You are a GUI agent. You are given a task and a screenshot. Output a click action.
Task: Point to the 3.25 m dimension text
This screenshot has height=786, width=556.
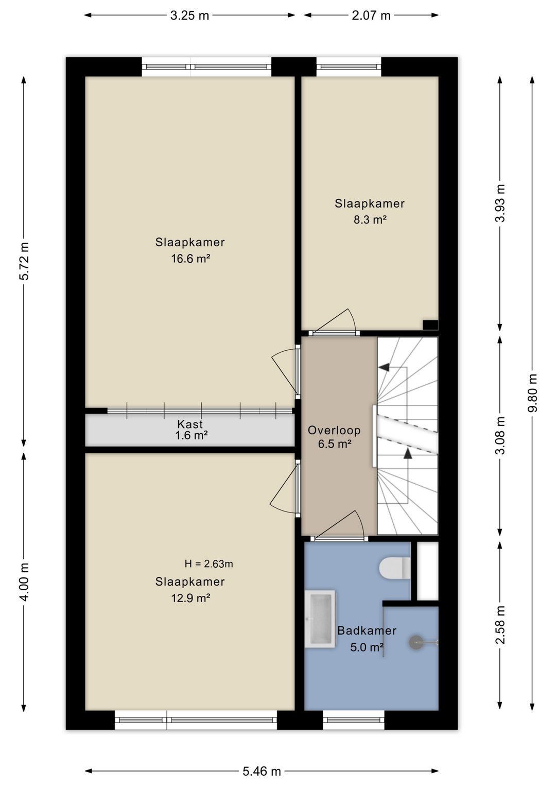tap(189, 15)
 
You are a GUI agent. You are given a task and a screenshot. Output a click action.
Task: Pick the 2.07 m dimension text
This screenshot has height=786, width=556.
tap(371, 15)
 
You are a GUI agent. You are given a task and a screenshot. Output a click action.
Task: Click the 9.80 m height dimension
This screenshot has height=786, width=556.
tap(532, 392)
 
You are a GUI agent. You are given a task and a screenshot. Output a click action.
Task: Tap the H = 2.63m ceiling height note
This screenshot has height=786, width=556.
tap(208, 563)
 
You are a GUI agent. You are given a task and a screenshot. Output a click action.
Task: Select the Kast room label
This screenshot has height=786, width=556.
tap(190, 424)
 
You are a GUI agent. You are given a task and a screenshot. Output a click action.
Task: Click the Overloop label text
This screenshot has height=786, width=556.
tap(334, 430)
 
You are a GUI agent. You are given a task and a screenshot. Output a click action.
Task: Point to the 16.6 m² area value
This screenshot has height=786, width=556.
tap(190, 259)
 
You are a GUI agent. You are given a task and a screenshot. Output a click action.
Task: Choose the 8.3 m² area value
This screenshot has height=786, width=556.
tap(370, 219)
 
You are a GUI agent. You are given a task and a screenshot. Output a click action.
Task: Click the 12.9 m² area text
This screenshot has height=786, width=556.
tap(190, 597)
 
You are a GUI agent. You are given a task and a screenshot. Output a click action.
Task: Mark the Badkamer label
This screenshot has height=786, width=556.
tap(367, 630)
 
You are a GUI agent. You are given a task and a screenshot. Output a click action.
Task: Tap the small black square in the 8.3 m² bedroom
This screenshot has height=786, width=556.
tap(430, 325)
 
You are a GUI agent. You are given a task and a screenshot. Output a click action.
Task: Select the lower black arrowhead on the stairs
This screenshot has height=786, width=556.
tap(408, 453)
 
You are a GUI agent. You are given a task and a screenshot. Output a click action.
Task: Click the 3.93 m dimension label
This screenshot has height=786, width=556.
tap(500, 203)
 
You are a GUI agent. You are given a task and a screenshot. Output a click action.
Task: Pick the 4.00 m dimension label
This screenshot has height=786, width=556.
tap(24, 582)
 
